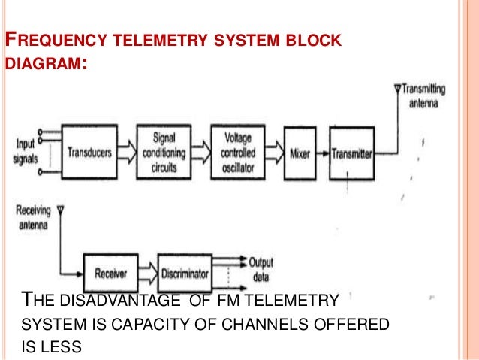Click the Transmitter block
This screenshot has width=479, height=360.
pyautogui.click(x=352, y=153)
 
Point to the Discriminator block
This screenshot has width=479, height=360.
pyautogui.click(x=185, y=274)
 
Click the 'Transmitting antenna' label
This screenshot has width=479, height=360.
pyautogui.click(x=424, y=95)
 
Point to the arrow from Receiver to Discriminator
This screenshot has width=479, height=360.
pyautogui.click(x=148, y=274)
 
